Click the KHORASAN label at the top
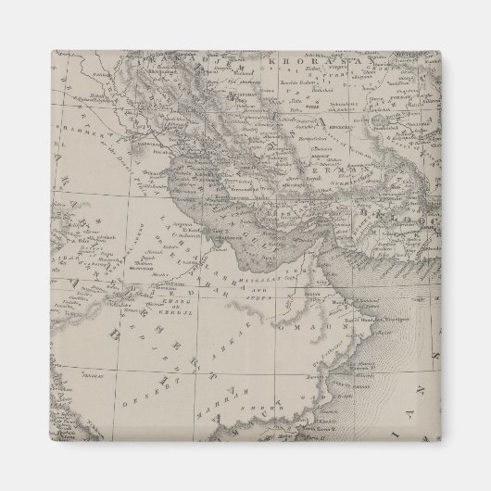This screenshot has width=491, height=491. pyautogui.click(x=295, y=63)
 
